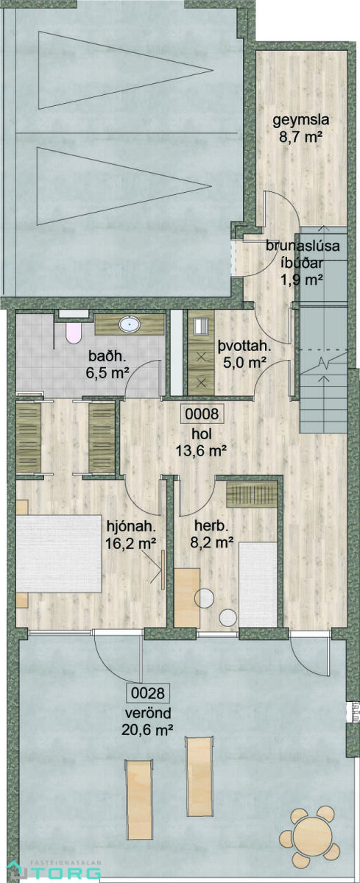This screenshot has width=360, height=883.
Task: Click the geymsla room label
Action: (301, 120)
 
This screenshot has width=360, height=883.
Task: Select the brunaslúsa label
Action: (303, 246)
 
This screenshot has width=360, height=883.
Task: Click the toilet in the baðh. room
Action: (74, 333)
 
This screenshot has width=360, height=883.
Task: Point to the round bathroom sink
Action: (130, 325)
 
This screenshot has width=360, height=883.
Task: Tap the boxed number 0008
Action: (202, 414)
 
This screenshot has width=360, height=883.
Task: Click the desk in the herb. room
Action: (187, 597)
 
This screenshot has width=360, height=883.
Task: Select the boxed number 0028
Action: (147, 693)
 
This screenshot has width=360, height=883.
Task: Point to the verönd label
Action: (148, 713)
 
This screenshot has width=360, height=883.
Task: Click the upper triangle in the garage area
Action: (125, 70)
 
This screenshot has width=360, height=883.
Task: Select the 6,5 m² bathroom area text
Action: (108, 372)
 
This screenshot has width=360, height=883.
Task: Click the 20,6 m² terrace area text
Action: (147, 730)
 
